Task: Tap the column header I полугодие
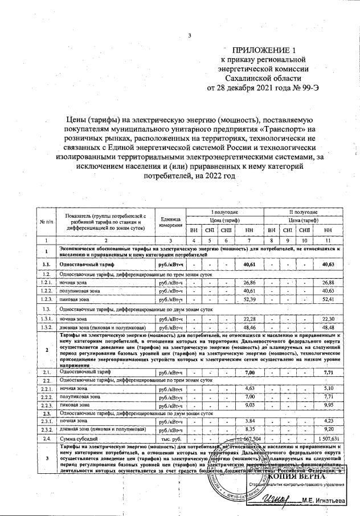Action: click(x=225, y=212)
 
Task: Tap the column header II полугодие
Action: click(x=304, y=212)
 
